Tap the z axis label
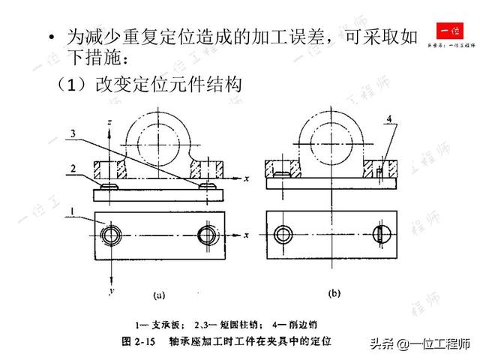111,121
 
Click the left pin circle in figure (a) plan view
110,234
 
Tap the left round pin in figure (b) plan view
282,233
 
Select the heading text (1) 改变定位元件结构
149,85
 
